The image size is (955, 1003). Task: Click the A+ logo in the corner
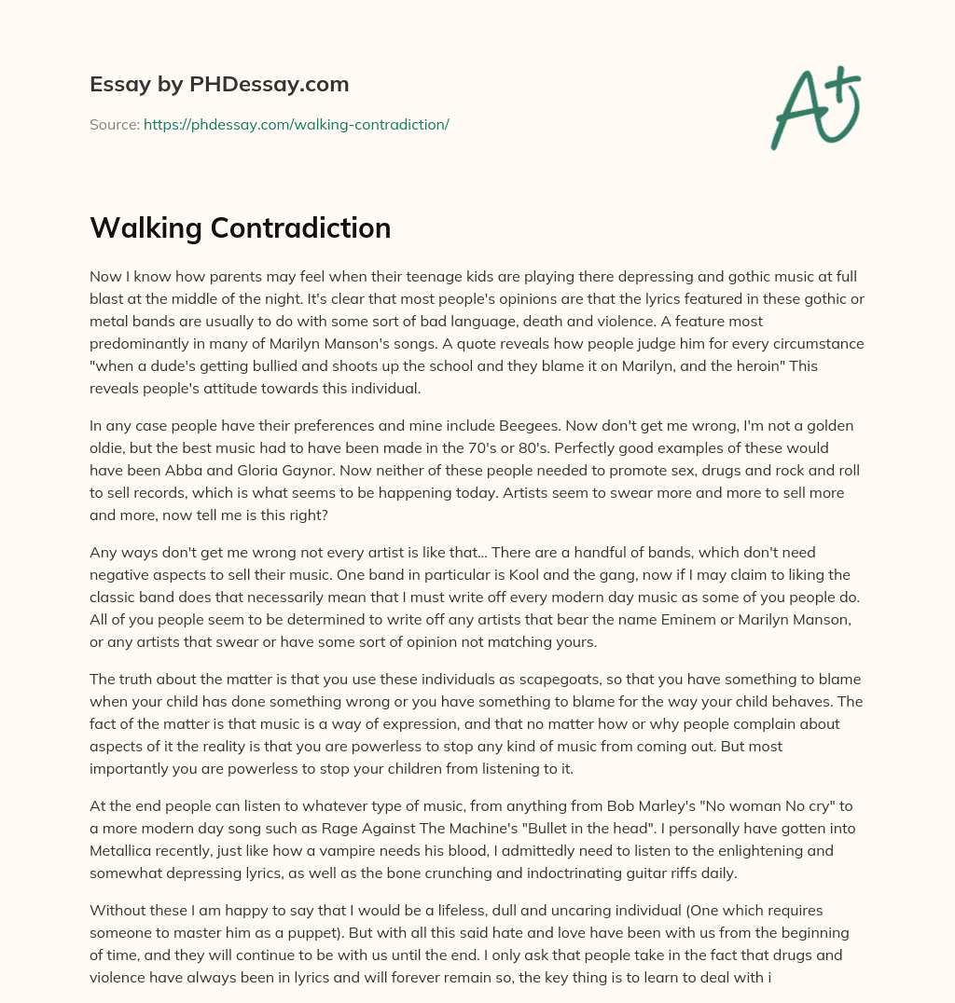click(x=815, y=109)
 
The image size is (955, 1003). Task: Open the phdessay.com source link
click(x=296, y=124)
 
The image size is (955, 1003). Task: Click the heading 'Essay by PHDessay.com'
click(x=219, y=85)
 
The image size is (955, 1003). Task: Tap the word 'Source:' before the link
click(x=115, y=124)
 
